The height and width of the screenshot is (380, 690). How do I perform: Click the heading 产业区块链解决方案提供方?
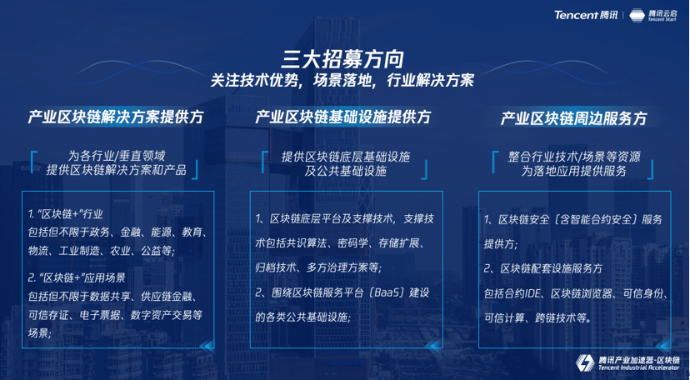click(x=116, y=117)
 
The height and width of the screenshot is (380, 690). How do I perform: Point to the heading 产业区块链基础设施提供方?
click(x=343, y=117)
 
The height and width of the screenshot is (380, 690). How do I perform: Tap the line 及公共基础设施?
click(x=346, y=171)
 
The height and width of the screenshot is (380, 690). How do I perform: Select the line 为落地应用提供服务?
click(x=574, y=171)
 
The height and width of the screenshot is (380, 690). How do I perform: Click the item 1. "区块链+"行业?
click(x=66, y=215)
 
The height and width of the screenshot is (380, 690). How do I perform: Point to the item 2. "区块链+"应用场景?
click(x=77, y=278)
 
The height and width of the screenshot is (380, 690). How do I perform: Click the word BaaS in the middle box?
click(x=390, y=292)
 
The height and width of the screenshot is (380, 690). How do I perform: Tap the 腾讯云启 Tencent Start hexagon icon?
click(x=637, y=15)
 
